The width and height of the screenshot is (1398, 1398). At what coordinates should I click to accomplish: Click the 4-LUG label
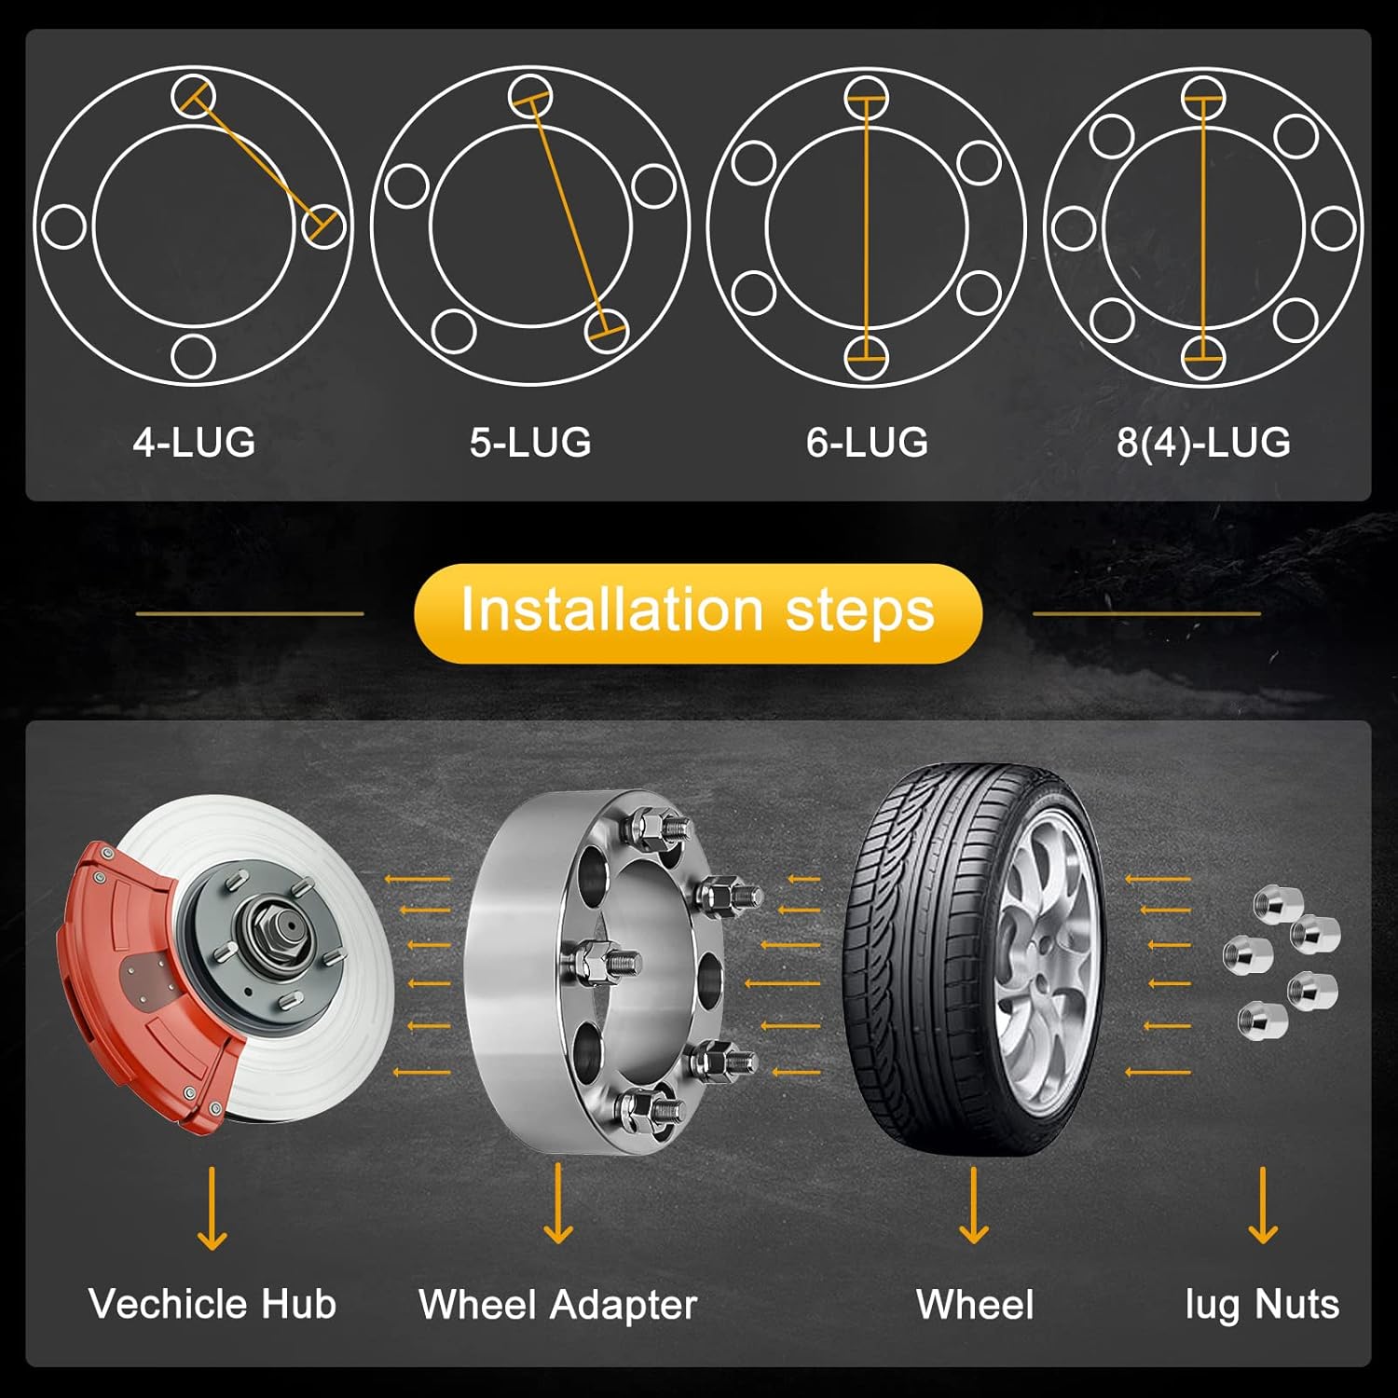tap(194, 442)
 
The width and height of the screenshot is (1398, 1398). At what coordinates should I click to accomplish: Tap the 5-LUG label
tap(530, 442)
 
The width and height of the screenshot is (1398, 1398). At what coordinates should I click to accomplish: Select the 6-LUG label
tap(867, 442)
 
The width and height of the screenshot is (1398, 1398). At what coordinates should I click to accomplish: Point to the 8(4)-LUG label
tap(1203, 442)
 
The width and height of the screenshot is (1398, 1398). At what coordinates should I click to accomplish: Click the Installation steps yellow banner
tap(698, 612)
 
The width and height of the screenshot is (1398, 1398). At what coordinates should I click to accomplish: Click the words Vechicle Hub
tap(212, 1304)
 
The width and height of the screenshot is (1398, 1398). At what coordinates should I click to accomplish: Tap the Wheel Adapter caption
tap(557, 1304)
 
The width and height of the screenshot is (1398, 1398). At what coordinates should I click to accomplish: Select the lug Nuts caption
tap(1262, 1304)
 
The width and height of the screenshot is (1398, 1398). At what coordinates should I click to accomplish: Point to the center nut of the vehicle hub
tap(284, 928)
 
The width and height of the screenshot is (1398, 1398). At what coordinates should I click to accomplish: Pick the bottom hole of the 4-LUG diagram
tap(194, 356)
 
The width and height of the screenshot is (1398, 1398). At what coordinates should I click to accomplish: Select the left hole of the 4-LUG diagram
tap(64, 226)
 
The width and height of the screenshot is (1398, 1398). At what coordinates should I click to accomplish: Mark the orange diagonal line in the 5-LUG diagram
tap(567, 214)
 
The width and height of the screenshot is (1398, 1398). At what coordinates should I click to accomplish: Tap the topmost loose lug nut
tap(1272, 903)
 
